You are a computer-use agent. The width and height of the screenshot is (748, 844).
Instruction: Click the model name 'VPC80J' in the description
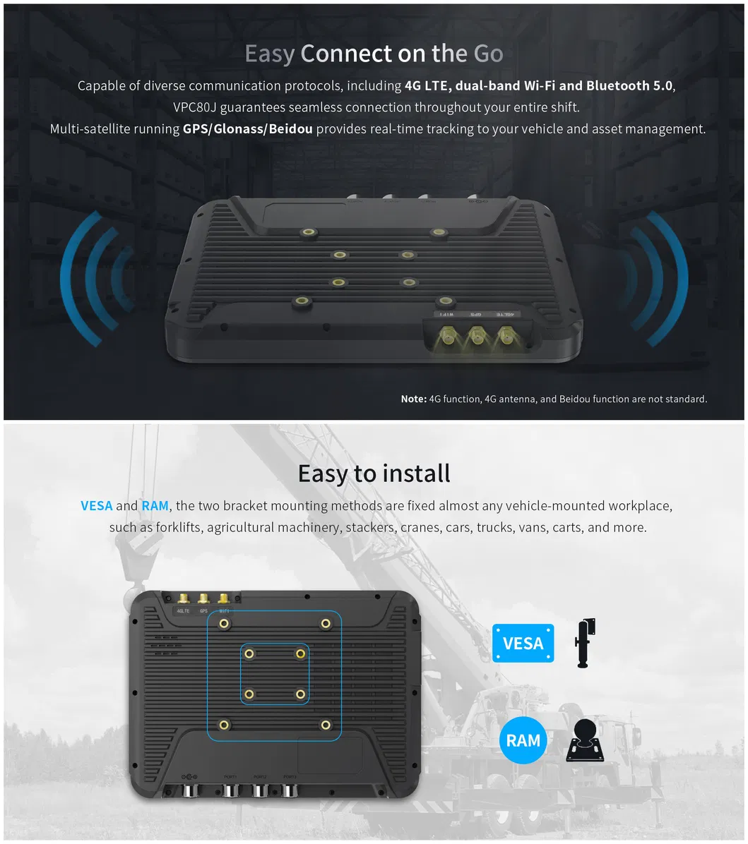pos(195,108)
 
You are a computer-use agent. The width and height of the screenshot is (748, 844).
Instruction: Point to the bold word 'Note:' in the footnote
pos(413,399)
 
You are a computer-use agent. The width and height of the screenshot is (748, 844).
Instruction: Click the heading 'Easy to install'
pos(374,473)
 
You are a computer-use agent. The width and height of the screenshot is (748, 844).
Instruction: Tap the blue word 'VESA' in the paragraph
pos(97,506)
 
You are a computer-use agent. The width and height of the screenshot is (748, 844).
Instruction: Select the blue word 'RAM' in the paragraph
pos(155,506)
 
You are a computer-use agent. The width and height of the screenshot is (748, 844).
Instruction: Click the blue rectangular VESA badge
pos(523,643)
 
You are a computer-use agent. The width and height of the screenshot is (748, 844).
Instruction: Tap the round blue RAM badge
pos(523,740)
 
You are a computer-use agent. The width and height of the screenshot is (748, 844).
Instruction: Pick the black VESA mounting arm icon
pos(585,642)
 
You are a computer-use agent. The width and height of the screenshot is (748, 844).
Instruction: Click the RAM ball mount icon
pos(585,741)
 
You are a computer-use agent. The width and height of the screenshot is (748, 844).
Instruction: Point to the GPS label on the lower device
pos(203,610)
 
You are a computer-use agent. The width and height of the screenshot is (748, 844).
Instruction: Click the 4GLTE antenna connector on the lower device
pos(184,598)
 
